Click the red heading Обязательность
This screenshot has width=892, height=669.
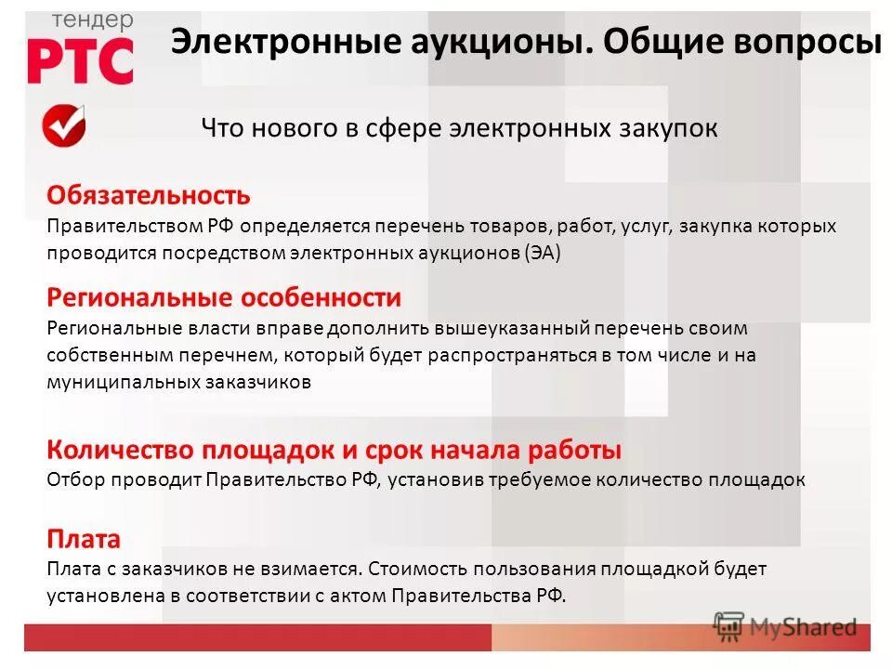tap(149, 195)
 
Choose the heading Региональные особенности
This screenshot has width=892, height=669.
tap(224, 298)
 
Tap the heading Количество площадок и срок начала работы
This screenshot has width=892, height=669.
tap(334, 451)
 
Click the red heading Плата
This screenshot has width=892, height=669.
tap(84, 539)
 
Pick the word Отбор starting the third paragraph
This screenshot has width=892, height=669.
tap(75, 479)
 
